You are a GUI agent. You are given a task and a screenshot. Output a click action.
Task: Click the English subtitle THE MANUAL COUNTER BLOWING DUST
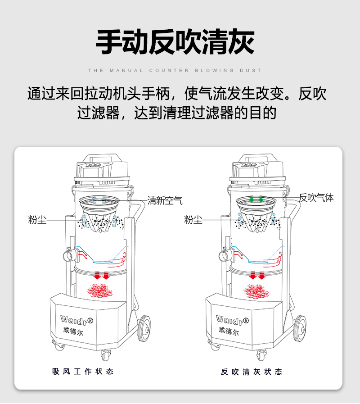pyautogui.click(x=175, y=71)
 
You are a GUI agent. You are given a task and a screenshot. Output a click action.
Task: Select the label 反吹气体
pyautogui.click(x=317, y=198)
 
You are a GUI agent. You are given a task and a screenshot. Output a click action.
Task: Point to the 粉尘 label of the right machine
pyautogui.click(x=193, y=220)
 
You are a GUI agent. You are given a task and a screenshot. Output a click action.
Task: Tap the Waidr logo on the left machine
pyautogui.click(x=76, y=320)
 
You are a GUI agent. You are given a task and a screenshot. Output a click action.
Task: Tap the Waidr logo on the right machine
pyautogui.click(x=233, y=320)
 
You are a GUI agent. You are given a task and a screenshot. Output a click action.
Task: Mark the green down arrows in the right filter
pyautogui.click(x=257, y=199)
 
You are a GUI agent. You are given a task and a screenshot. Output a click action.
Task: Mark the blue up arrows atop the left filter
pyautogui.click(x=99, y=199)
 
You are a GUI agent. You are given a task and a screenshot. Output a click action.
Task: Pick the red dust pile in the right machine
pyautogui.click(x=257, y=291)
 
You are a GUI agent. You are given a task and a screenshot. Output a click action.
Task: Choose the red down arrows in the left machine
pyautogui.click(x=101, y=275)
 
